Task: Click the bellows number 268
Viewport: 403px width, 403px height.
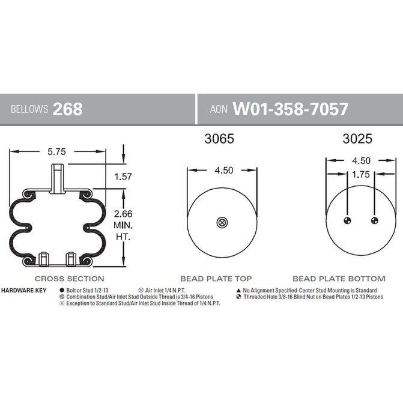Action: click(68, 109)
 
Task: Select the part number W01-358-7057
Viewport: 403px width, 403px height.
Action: click(291, 109)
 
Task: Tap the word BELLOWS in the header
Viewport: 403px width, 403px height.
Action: click(29, 109)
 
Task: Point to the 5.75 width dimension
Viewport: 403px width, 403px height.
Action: click(56, 151)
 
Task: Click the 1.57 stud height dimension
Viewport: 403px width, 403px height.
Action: click(123, 177)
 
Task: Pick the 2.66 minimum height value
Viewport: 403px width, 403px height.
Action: click(123, 214)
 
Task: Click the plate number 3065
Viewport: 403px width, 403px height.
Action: click(219, 139)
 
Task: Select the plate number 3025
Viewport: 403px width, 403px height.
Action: click(357, 139)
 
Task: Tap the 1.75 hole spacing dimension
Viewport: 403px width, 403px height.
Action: click(361, 175)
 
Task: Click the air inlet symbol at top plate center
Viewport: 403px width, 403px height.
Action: click(222, 223)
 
